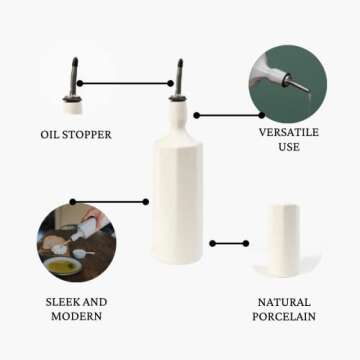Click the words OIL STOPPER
pyautogui.click(x=76, y=134)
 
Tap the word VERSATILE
pyautogui.click(x=289, y=131)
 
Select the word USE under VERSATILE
pyautogui.click(x=289, y=147)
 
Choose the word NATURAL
pyautogui.click(x=284, y=301)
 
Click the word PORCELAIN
pyautogui.click(x=284, y=316)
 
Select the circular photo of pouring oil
pyautogui.click(x=77, y=242)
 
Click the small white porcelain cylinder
pyautogui.click(x=284, y=240)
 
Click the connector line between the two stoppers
pyautogui.click(x=124, y=84)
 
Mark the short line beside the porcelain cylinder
pyautogui.click(x=229, y=243)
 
